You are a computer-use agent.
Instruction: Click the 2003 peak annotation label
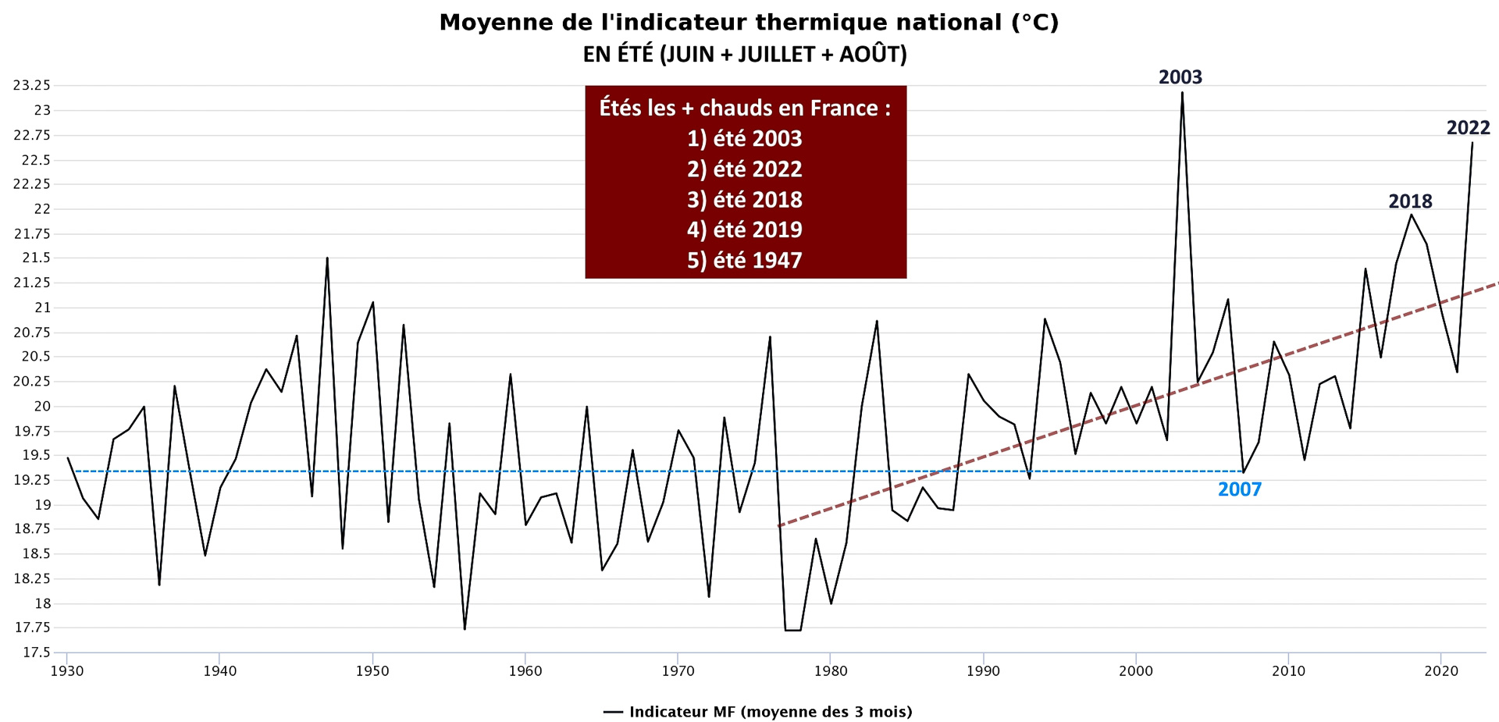(x=1180, y=77)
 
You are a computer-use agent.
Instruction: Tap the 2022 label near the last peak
(x=1468, y=128)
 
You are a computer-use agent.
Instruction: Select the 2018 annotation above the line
(x=1410, y=201)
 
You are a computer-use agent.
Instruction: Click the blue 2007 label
(x=1239, y=490)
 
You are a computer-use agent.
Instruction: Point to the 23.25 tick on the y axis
(x=32, y=85)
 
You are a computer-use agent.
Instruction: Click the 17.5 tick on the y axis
(x=37, y=653)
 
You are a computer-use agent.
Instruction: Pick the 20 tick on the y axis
(x=41, y=406)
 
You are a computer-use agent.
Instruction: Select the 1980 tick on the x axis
(x=831, y=671)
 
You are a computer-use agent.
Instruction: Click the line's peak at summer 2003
(x=1182, y=93)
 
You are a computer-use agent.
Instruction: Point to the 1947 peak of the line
(x=327, y=258)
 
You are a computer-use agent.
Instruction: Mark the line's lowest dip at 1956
(x=465, y=628)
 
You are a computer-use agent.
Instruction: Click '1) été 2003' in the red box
(x=744, y=139)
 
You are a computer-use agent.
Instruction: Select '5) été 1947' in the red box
(x=744, y=261)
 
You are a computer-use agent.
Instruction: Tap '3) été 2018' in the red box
(x=744, y=200)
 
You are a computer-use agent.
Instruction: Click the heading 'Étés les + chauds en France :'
(x=744, y=108)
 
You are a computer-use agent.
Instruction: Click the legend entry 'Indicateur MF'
(x=757, y=712)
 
